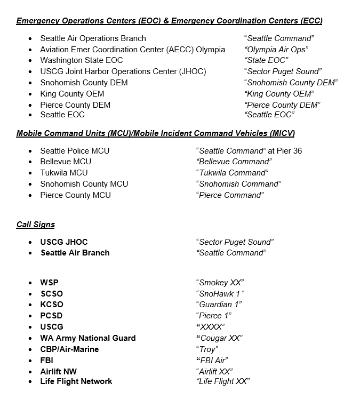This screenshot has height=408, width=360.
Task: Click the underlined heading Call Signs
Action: click(35, 225)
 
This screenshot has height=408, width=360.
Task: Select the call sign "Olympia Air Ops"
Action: click(276, 50)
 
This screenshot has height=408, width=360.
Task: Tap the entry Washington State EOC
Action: click(81, 60)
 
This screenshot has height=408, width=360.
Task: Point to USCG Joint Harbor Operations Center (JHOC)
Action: click(123, 71)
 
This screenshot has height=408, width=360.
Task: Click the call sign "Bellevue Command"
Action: click(234, 162)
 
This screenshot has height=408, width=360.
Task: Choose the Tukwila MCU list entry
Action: click(63, 173)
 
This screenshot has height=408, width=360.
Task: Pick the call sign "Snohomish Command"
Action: click(238, 184)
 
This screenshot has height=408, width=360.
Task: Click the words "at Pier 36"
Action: click(285, 151)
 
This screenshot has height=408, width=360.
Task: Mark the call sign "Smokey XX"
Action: click(220, 283)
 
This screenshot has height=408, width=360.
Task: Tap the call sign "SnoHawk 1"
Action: click(220, 294)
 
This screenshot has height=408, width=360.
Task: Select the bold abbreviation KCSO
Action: click(52, 305)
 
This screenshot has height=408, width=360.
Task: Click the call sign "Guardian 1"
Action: click(219, 305)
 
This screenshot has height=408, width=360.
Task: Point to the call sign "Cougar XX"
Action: click(220, 338)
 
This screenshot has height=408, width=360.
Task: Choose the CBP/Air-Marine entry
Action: click(69, 349)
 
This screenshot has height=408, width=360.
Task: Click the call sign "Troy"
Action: click(207, 349)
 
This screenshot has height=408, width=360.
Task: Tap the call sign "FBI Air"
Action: click(214, 361)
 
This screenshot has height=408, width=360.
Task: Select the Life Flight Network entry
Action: click(76, 381)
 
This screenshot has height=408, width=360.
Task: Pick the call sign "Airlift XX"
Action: click(215, 372)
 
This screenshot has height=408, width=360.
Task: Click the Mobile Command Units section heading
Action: click(155, 133)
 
